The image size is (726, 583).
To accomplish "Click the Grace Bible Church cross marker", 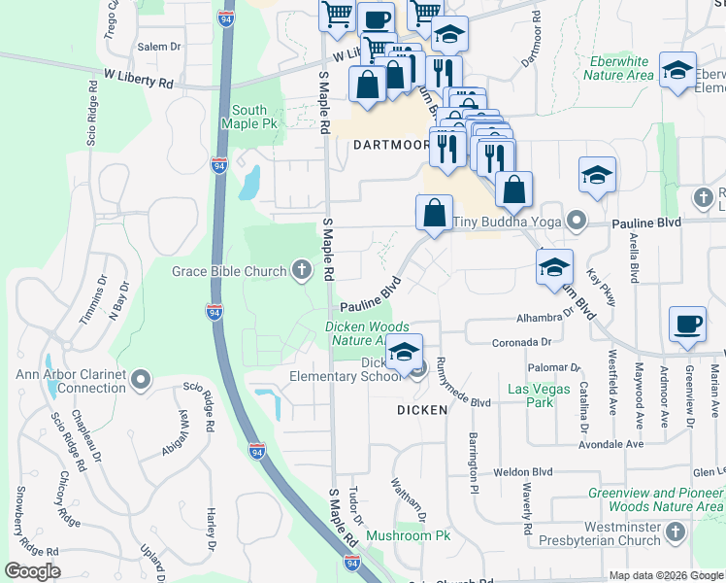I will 302,271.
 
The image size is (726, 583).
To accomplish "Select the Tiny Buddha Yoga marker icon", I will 577,222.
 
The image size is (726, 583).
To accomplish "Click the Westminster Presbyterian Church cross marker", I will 676,532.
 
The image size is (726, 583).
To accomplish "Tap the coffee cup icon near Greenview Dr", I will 688,325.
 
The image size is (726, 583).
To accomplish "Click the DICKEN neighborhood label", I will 422,410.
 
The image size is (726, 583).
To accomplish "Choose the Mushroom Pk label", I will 409,535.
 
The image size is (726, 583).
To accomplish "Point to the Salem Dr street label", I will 160,47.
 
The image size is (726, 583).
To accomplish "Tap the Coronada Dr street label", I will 522,342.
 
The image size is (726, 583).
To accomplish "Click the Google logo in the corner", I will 32,571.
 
